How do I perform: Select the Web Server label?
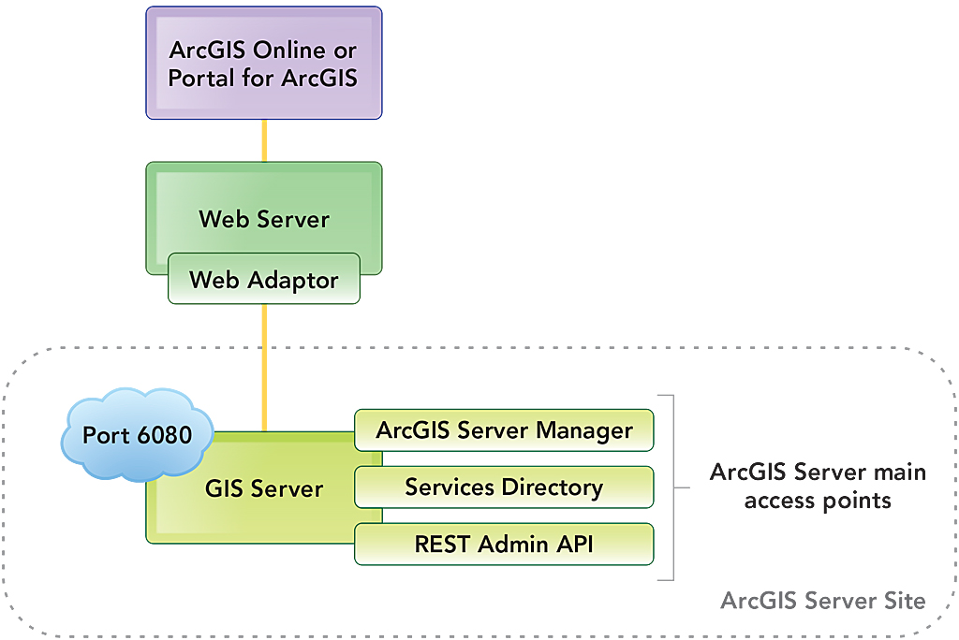point(264,219)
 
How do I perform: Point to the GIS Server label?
point(264,488)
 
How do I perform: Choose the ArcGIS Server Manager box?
point(504,430)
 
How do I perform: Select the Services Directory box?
point(504,487)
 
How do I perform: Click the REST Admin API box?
point(504,544)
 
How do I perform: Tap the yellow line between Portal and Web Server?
point(264,140)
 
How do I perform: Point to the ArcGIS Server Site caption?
point(822,600)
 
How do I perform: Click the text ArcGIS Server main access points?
point(817,486)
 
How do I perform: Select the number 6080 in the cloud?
point(167,436)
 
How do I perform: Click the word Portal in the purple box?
point(202,77)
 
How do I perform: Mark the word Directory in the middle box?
point(553,487)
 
